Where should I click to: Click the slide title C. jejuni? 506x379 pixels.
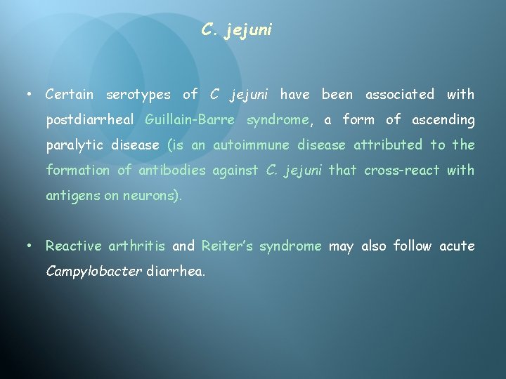pos(236,30)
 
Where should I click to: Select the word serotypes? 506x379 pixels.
pos(138,94)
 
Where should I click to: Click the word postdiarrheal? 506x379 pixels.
pos(91,120)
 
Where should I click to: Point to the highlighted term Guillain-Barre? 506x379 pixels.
pos(190,120)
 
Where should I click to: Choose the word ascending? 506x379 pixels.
pos(443,120)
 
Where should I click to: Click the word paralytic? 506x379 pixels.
pos(72,145)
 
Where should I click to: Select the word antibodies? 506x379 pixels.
pos(172,171)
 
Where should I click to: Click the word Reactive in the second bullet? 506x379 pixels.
pos(74,246)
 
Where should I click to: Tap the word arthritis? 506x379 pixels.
pos(137,246)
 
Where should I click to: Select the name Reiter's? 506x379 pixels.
pos(221,246)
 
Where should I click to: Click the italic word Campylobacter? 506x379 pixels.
pos(93,272)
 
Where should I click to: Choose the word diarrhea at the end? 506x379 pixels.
pos(176,272)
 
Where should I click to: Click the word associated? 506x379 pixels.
pos(400,94)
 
